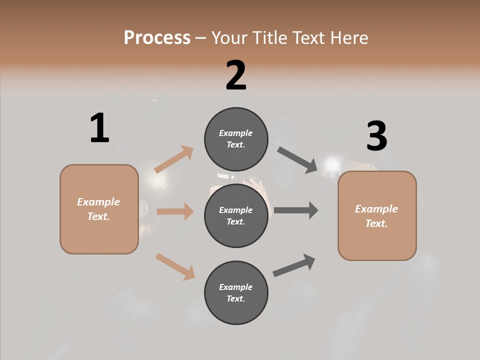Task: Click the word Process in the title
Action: (x=157, y=37)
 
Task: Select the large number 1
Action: (x=99, y=128)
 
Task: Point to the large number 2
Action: (x=236, y=75)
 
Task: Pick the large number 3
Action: (x=376, y=136)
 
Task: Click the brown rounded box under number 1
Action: (x=99, y=209)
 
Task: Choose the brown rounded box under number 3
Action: (x=377, y=215)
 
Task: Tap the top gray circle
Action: (x=236, y=138)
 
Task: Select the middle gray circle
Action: (x=236, y=215)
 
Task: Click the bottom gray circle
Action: (x=236, y=292)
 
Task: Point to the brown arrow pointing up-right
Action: (x=174, y=159)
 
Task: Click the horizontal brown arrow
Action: (x=175, y=211)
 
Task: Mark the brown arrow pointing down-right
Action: (x=175, y=266)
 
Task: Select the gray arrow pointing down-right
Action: (x=297, y=160)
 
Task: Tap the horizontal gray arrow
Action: (x=296, y=210)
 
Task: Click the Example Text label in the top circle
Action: (x=236, y=139)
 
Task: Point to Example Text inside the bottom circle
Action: (x=236, y=293)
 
